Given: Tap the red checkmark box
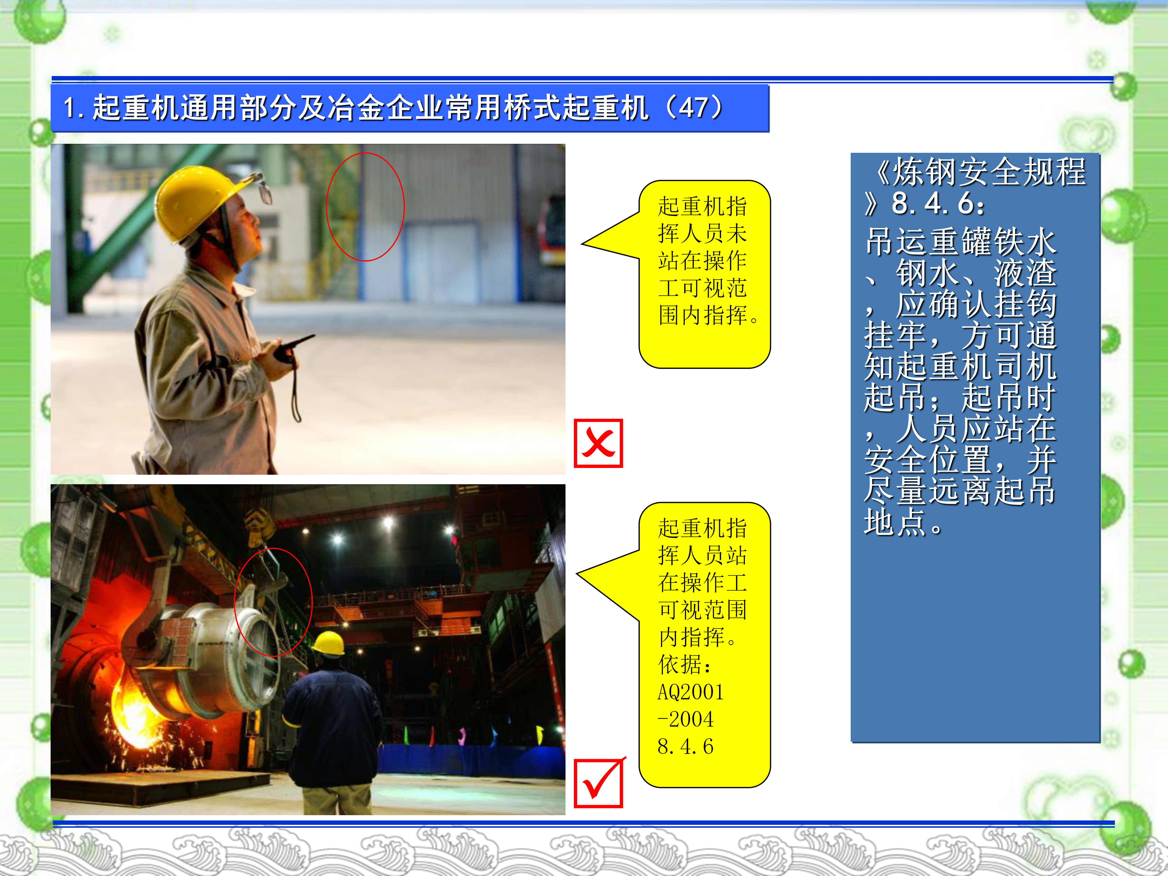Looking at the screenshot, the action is tap(598, 783).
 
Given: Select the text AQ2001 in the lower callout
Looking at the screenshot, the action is tap(691, 692).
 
